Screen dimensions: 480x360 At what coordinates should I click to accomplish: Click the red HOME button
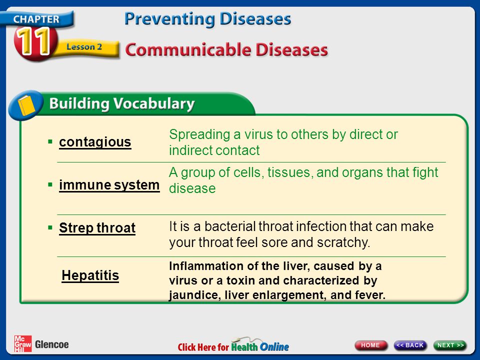(370, 345)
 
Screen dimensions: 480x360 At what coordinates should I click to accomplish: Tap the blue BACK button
(410, 345)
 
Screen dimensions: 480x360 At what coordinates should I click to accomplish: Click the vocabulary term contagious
(95, 142)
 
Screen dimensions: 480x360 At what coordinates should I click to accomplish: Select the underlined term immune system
(109, 185)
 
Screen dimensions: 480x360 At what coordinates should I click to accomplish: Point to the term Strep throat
(97, 228)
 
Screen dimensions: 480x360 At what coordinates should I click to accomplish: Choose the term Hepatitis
(90, 275)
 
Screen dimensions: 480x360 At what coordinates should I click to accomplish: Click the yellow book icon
(26, 105)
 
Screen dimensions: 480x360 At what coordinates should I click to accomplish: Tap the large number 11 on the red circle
(33, 41)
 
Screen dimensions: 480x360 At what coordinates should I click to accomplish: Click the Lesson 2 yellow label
(84, 47)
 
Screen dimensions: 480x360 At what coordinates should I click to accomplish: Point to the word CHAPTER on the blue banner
(36, 19)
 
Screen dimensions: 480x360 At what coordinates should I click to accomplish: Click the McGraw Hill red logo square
(22, 344)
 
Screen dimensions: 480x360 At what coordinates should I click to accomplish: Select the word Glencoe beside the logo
(51, 344)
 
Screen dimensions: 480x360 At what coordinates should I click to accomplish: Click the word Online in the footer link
(274, 347)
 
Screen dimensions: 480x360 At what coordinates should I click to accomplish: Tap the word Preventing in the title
(170, 19)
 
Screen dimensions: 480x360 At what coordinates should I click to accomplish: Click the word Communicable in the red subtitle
(188, 50)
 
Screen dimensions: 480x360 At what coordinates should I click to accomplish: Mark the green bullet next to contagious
(50, 141)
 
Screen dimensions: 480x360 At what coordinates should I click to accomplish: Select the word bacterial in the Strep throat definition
(230, 226)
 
